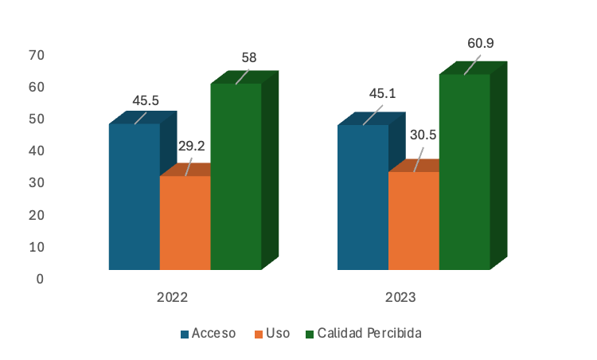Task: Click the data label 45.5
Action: point(146,100)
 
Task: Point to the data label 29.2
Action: point(192,147)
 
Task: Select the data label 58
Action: point(248,57)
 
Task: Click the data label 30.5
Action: point(423,135)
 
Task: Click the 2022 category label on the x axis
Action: point(172,297)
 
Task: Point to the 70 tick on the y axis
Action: point(36,55)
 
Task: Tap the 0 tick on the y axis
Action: point(39,279)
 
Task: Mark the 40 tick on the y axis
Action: point(36,151)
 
